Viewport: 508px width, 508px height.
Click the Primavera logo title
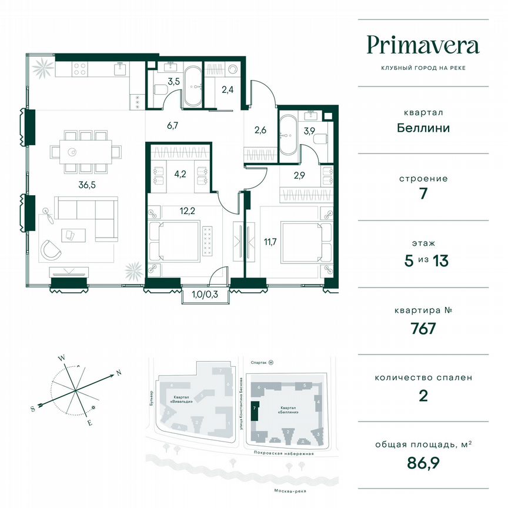click(423, 45)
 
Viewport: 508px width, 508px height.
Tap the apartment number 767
click(423, 327)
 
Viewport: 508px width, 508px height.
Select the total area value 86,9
click(423, 469)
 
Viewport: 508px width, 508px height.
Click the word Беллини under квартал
click(423, 128)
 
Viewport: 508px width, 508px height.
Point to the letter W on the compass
click(61, 357)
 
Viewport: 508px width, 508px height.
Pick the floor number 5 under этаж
click(409, 261)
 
